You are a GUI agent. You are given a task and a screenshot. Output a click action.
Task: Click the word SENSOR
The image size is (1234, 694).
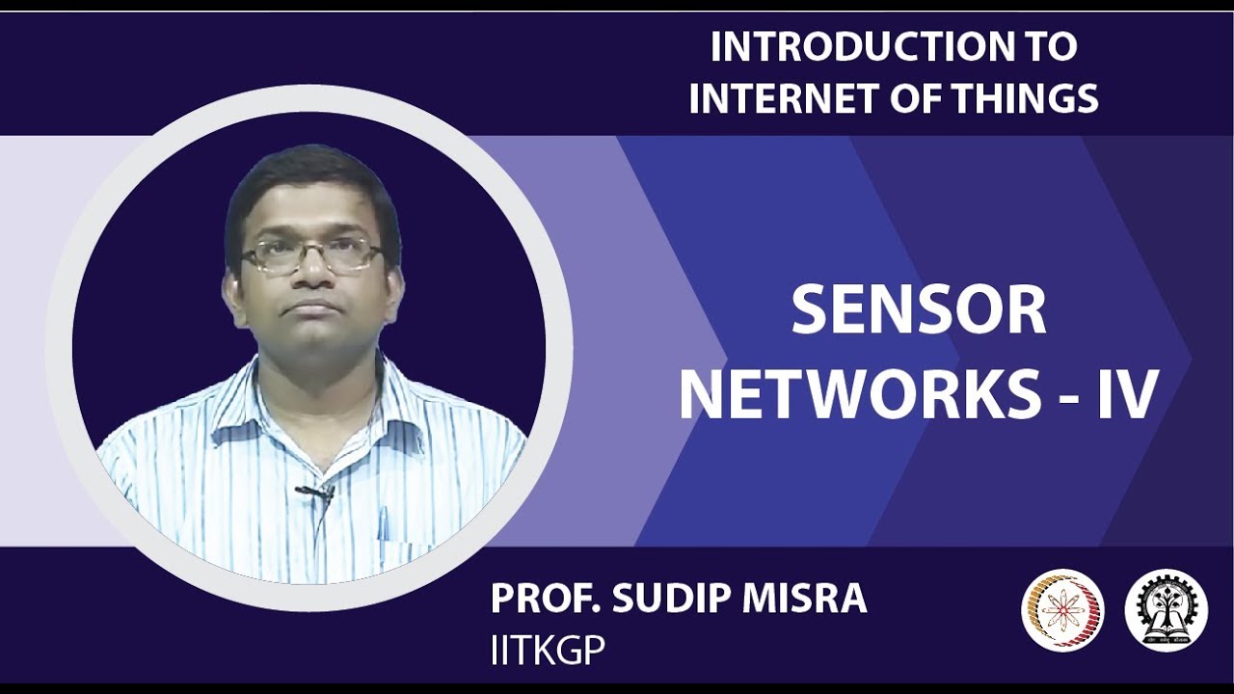(918, 311)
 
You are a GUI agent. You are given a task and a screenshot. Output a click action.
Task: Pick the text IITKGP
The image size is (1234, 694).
(548, 650)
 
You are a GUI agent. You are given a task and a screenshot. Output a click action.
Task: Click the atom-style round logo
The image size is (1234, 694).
(1062, 609)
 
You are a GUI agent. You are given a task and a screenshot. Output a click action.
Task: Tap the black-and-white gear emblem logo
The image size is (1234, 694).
(1166, 609)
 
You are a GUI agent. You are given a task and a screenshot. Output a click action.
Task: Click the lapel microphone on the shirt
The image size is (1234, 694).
(316, 493)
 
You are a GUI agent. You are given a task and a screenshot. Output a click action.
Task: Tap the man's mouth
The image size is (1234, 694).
(312, 308)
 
